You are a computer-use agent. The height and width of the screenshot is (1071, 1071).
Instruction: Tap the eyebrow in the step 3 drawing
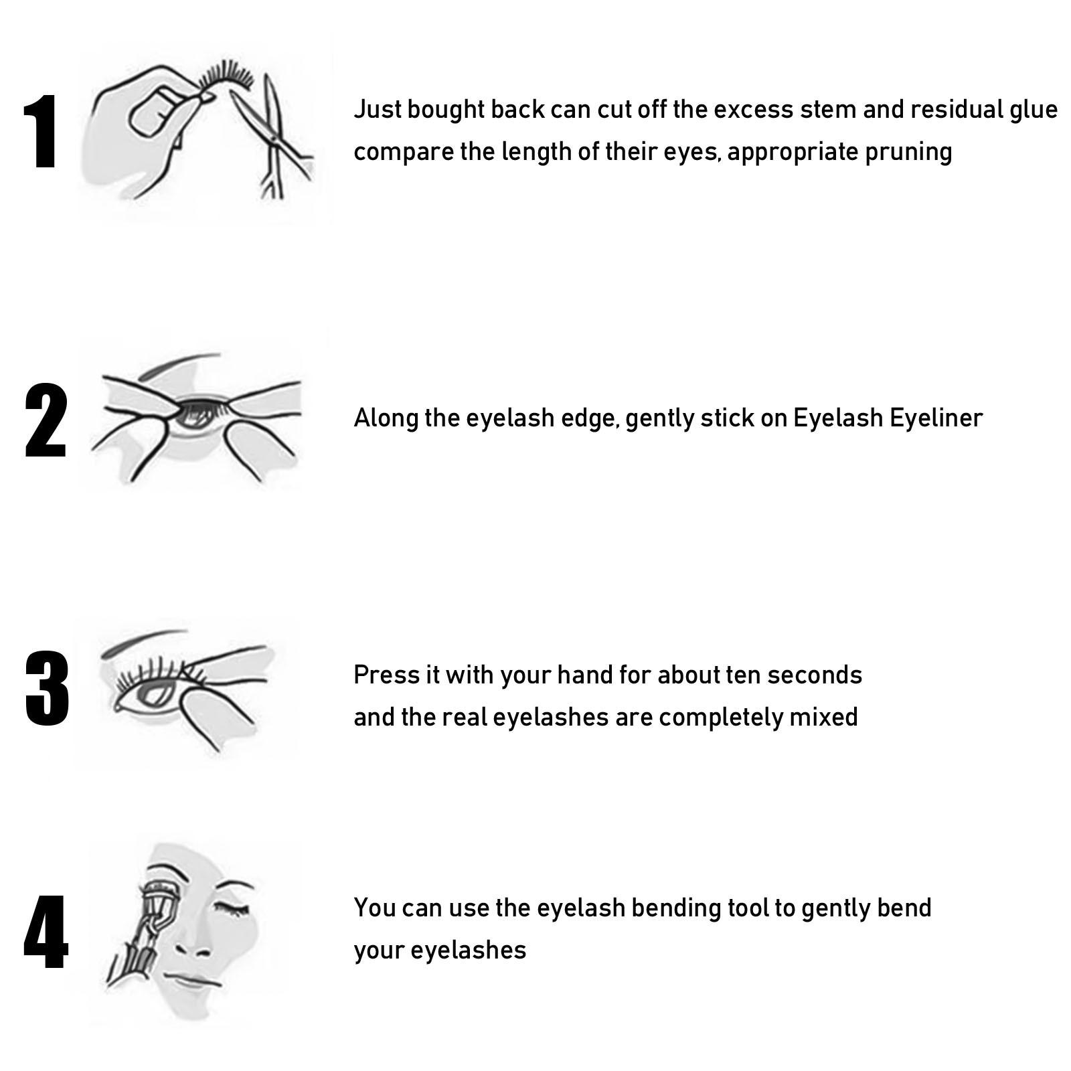pyautogui.click(x=144, y=639)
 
